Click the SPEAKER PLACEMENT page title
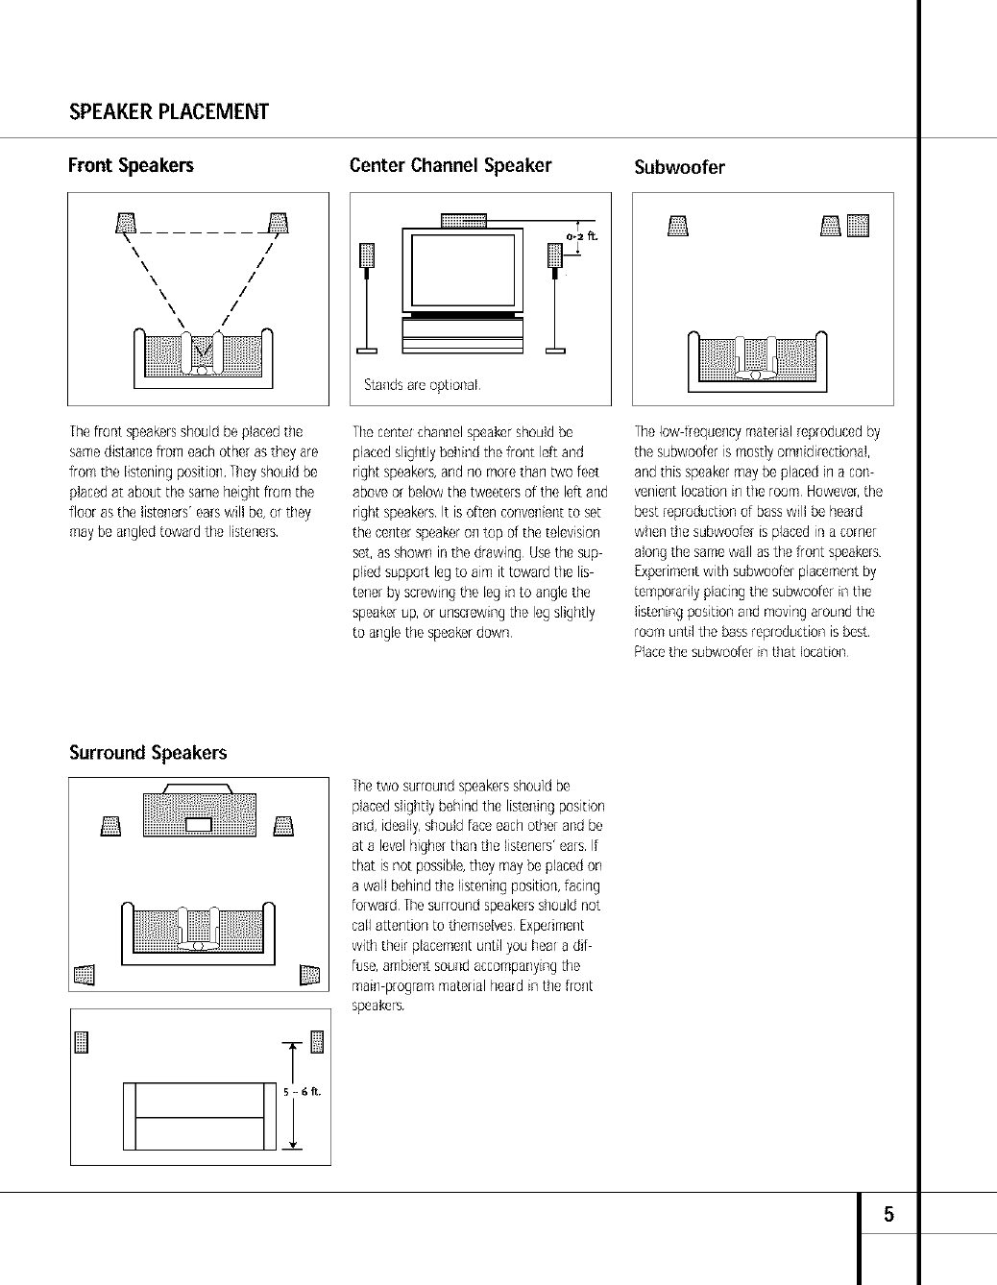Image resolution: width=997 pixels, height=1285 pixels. point(168,111)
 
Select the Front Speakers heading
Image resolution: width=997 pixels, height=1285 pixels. point(131,165)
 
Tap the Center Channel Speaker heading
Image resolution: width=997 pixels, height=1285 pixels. point(450,165)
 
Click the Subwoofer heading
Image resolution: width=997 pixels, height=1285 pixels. point(679,167)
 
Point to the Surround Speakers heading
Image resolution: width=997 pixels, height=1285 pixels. point(148,752)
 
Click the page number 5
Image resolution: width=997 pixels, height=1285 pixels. point(888,1215)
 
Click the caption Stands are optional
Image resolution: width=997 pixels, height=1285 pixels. point(422,385)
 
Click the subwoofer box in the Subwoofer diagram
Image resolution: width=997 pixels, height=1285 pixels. point(858,225)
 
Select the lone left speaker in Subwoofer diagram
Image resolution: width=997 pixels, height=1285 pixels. point(678,226)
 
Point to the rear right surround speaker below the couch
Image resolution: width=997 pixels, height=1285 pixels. point(309,975)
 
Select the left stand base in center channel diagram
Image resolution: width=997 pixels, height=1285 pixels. point(367,351)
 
